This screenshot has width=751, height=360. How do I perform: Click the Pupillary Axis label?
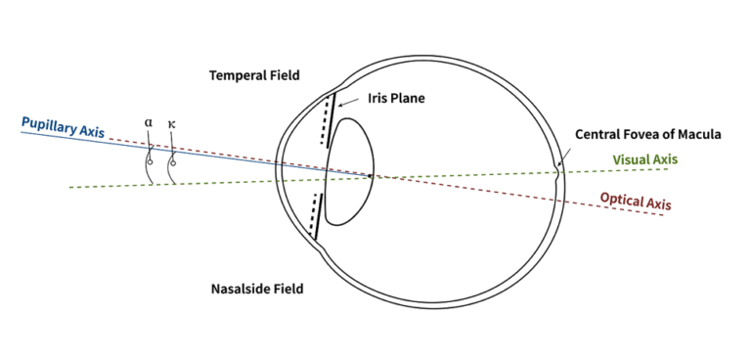pos(63,125)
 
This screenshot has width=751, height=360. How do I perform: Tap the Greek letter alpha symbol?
pos(149,124)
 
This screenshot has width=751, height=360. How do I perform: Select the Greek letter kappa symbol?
pos(172,124)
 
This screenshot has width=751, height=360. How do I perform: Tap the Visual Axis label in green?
pos(643,159)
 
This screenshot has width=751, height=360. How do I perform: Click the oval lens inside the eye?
pos(349,173)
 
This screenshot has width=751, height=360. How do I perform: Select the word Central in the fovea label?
pos(597,135)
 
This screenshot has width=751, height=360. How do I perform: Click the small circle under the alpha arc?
pos(150,161)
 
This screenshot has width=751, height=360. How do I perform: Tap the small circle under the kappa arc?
pos(173,162)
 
